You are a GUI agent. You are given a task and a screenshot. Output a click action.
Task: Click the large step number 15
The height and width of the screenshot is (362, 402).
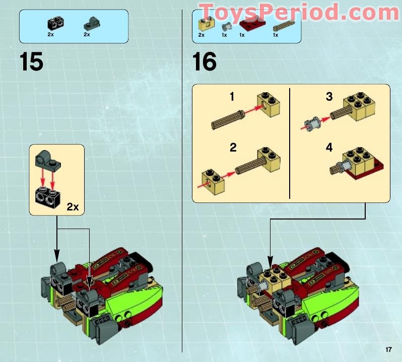[31, 62]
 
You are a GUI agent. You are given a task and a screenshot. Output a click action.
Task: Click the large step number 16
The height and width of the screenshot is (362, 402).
[205, 62]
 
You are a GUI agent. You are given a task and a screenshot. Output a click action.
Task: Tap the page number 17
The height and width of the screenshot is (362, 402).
[388, 349]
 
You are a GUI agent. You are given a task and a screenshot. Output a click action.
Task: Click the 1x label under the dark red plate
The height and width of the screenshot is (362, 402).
[242, 35]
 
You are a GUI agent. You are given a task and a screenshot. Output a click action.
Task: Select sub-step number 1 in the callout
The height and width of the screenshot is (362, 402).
[232, 97]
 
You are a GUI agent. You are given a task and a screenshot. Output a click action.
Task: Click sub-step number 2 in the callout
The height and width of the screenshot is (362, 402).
[233, 148]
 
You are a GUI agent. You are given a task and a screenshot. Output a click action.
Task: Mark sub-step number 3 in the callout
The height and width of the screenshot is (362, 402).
[329, 97]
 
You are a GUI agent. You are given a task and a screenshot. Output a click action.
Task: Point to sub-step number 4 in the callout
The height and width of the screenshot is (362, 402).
[329, 148]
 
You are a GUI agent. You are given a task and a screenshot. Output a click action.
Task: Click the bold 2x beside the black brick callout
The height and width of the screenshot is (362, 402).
[74, 206]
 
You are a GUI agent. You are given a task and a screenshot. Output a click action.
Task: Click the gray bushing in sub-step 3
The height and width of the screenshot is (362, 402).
[311, 121]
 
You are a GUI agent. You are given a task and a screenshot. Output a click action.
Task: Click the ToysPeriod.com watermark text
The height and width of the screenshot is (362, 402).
[299, 12]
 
